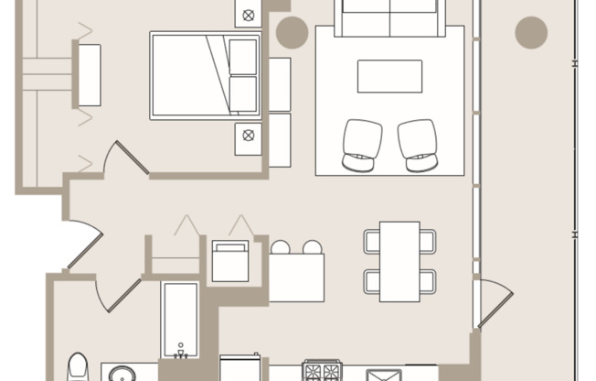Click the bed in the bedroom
coord(206,75)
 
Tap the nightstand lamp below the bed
coord(247,136)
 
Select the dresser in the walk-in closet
coord(89,74)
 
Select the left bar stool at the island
coord(281,247)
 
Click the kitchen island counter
coord(296,278)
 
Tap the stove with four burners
coord(321,371)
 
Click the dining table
coord(399,261)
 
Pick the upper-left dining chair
coord(372,241)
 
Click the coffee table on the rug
coord(389,76)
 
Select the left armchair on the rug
coord(362,145)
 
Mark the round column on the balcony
coord(531,32)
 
